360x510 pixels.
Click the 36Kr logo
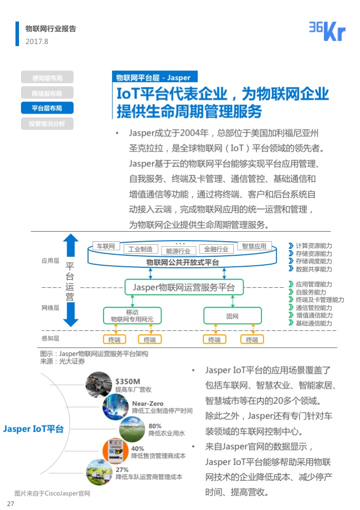(327, 32)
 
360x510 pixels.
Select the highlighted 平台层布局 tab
(47, 108)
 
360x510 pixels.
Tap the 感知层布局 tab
(47, 78)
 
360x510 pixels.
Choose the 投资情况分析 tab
(47, 124)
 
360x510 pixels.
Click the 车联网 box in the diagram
(106, 246)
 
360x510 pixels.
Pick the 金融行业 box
(216, 249)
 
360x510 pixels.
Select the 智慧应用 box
(254, 246)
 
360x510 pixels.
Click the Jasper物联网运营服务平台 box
(183, 288)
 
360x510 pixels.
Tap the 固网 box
(232, 316)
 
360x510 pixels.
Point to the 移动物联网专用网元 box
(132, 316)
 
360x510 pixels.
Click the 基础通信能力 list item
(313, 323)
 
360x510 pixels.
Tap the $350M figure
(127, 381)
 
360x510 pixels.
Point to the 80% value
(155, 426)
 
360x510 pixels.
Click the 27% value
(122, 469)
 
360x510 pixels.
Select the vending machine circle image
(113, 450)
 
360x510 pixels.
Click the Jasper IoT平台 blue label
(33, 429)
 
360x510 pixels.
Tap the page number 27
(10, 503)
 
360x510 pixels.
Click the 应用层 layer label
(50, 261)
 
